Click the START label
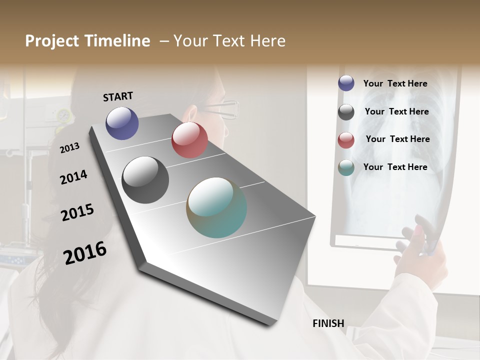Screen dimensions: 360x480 [x=118, y=96]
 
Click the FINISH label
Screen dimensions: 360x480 [x=328, y=323]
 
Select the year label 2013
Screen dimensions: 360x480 [x=69, y=148]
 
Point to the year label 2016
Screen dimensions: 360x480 [x=84, y=253]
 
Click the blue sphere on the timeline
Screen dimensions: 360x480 [x=122, y=123]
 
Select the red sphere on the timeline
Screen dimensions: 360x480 [x=189, y=140]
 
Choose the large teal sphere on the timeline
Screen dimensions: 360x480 [x=216, y=207]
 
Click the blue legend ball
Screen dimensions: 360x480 [x=346, y=83]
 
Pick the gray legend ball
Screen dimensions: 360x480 [x=346, y=112]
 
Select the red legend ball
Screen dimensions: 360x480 [x=346, y=140]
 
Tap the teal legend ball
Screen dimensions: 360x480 [x=346, y=167]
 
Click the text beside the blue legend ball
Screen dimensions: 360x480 [x=395, y=84]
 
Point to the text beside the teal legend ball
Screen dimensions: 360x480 [x=395, y=167]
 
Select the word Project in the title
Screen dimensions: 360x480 [x=52, y=41]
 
